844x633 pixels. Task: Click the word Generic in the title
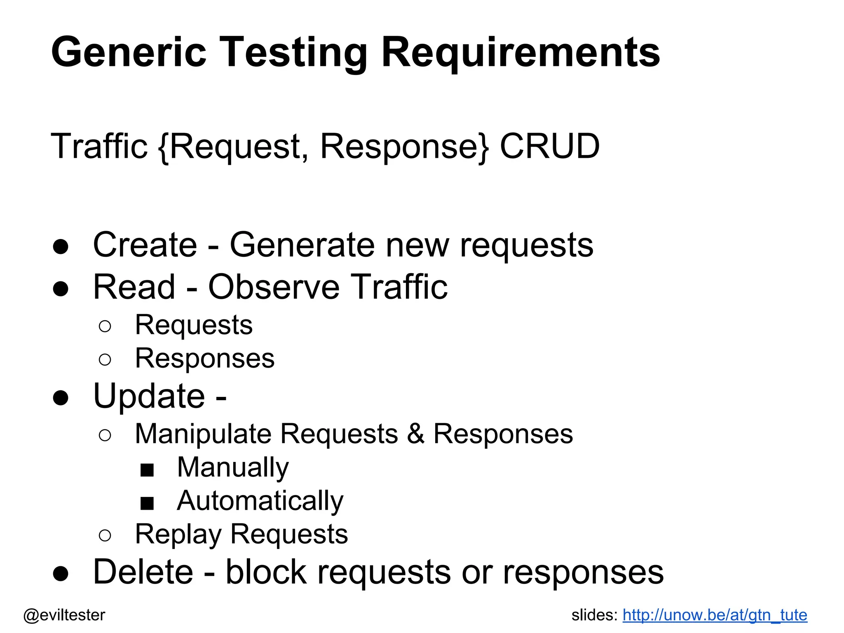pyautogui.click(x=129, y=53)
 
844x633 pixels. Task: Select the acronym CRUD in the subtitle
pyautogui.click(x=549, y=146)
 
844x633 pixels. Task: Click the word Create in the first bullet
pyautogui.click(x=145, y=245)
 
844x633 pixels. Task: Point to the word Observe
pyautogui.click(x=274, y=287)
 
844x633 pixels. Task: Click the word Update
pyautogui.click(x=149, y=396)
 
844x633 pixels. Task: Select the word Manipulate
pyautogui.click(x=203, y=434)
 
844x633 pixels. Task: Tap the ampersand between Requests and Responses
pyautogui.click(x=415, y=434)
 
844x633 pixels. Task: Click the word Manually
pyautogui.click(x=233, y=468)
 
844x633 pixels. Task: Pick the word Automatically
pyautogui.click(x=260, y=501)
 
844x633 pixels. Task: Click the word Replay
pyautogui.click(x=178, y=535)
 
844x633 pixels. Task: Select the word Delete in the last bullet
pyautogui.click(x=143, y=572)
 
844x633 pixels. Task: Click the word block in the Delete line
pyautogui.click(x=266, y=572)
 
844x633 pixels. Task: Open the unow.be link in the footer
pyautogui.click(x=715, y=615)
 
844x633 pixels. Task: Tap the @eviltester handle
pyautogui.click(x=64, y=615)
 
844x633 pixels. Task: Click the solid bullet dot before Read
pyautogui.click(x=61, y=288)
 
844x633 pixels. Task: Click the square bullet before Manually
pyautogui.click(x=147, y=470)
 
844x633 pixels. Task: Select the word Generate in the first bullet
pyautogui.click(x=302, y=245)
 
